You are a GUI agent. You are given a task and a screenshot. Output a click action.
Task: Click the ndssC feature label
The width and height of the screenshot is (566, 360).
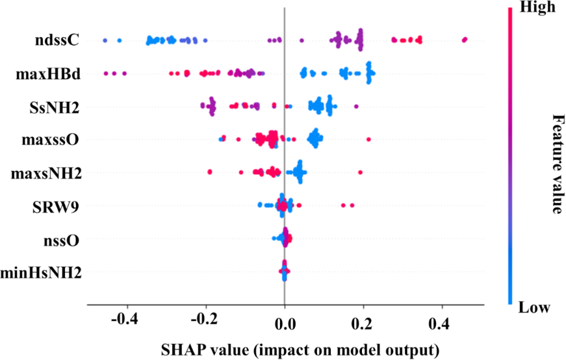point(58,41)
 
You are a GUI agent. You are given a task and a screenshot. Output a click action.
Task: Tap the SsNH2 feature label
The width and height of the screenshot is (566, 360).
point(57,107)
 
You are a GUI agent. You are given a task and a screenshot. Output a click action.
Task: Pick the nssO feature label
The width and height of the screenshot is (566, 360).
point(62,240)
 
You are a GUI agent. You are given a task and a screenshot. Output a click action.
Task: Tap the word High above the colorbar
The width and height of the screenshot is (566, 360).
point(537,8)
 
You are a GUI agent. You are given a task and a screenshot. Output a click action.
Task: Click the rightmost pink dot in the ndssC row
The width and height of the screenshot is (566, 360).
point(465,40)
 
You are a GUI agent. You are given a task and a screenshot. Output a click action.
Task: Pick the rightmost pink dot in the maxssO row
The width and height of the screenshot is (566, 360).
point(368,139)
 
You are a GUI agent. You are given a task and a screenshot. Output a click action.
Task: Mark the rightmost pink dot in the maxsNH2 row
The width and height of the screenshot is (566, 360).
point(360,172)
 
